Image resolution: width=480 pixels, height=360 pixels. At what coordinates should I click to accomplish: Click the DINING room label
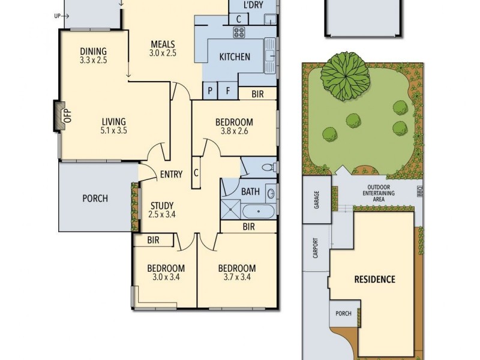click(x=92, y=52)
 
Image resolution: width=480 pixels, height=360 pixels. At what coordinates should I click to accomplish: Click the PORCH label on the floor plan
click(x=95, y=198)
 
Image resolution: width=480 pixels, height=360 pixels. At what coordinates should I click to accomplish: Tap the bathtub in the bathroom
click(x=257, y=211)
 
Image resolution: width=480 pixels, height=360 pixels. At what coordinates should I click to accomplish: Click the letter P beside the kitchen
click(x=211, y=92)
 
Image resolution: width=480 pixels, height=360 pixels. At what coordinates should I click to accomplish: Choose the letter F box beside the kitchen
click(x=228, y=92)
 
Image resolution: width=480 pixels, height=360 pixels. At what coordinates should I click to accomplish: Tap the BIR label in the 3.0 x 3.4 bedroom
click(x=153, y=241)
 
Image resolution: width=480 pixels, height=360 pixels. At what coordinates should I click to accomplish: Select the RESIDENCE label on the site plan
click(x=374, y=279)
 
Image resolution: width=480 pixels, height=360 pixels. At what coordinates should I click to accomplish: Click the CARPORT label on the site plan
click(x=316, y=249)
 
